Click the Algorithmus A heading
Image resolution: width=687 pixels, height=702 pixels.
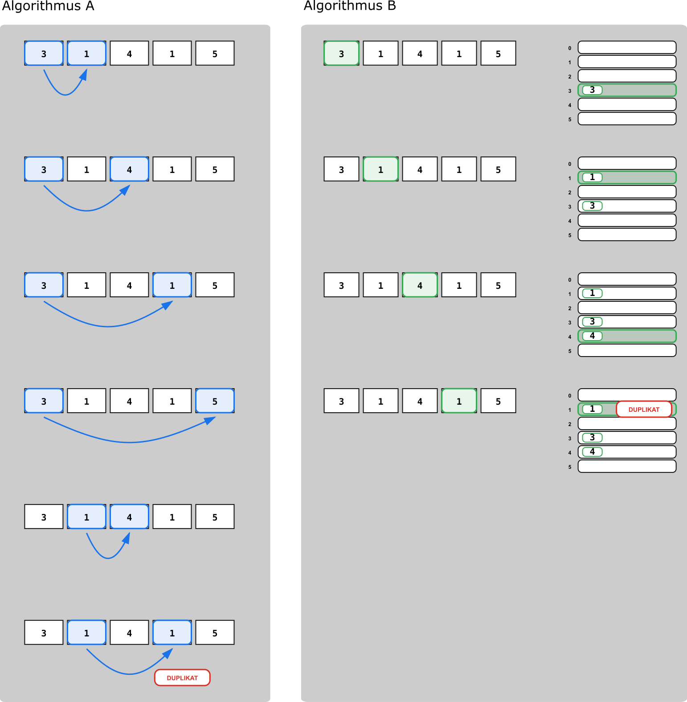(48, 6)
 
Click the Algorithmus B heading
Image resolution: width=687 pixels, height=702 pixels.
(350, 6)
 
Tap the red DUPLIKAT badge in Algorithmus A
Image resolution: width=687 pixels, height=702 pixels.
(182, 677)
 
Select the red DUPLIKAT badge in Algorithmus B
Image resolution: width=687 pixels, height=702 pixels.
(644, 409)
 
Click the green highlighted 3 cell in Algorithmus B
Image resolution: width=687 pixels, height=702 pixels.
(341, 53)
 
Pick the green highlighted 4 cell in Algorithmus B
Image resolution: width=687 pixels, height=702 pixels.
(420, 285)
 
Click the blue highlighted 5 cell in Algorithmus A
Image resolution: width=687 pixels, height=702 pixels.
(215, 401)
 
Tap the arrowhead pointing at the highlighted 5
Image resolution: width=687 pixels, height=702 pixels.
(210, 420)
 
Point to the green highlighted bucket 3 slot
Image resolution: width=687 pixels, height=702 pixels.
(627, 90)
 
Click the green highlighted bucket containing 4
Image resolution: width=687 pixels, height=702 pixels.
(627, 336)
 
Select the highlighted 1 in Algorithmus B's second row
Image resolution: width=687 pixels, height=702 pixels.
(380, 169)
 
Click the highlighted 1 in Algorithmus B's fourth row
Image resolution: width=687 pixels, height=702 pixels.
(459, 401)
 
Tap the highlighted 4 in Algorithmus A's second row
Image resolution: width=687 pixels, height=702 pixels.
(129, 169)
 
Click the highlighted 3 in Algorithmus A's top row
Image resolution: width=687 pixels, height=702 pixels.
(44, 53)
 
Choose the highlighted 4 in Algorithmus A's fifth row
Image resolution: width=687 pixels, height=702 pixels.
(129, 517)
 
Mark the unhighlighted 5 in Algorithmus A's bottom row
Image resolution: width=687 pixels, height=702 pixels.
(215, 633)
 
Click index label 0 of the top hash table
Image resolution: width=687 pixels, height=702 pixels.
(569, 48)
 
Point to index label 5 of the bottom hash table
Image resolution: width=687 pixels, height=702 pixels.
(569, 467)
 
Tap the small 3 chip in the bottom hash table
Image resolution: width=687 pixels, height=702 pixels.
(592, 438)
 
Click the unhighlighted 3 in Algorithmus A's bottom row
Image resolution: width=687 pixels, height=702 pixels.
(44, 633)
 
